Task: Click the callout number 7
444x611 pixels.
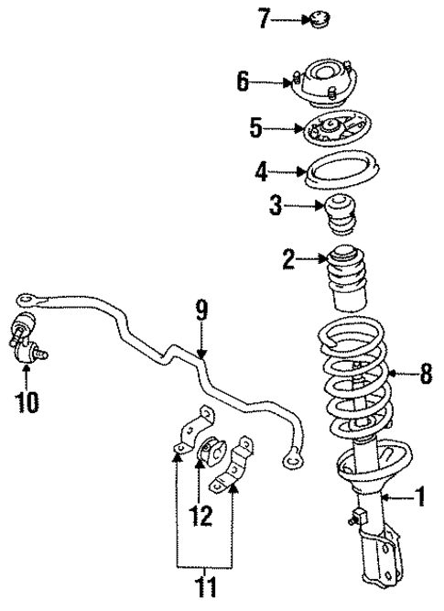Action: (x=264, y=17)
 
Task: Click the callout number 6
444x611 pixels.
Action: (x=244, y=82)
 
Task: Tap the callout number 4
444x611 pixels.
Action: (x=261, y=169)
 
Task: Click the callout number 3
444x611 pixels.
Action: (x=275, y=208)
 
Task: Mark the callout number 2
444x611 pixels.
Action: (x=288, y=261)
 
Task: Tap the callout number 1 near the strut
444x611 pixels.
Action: (x=420, y=498)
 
